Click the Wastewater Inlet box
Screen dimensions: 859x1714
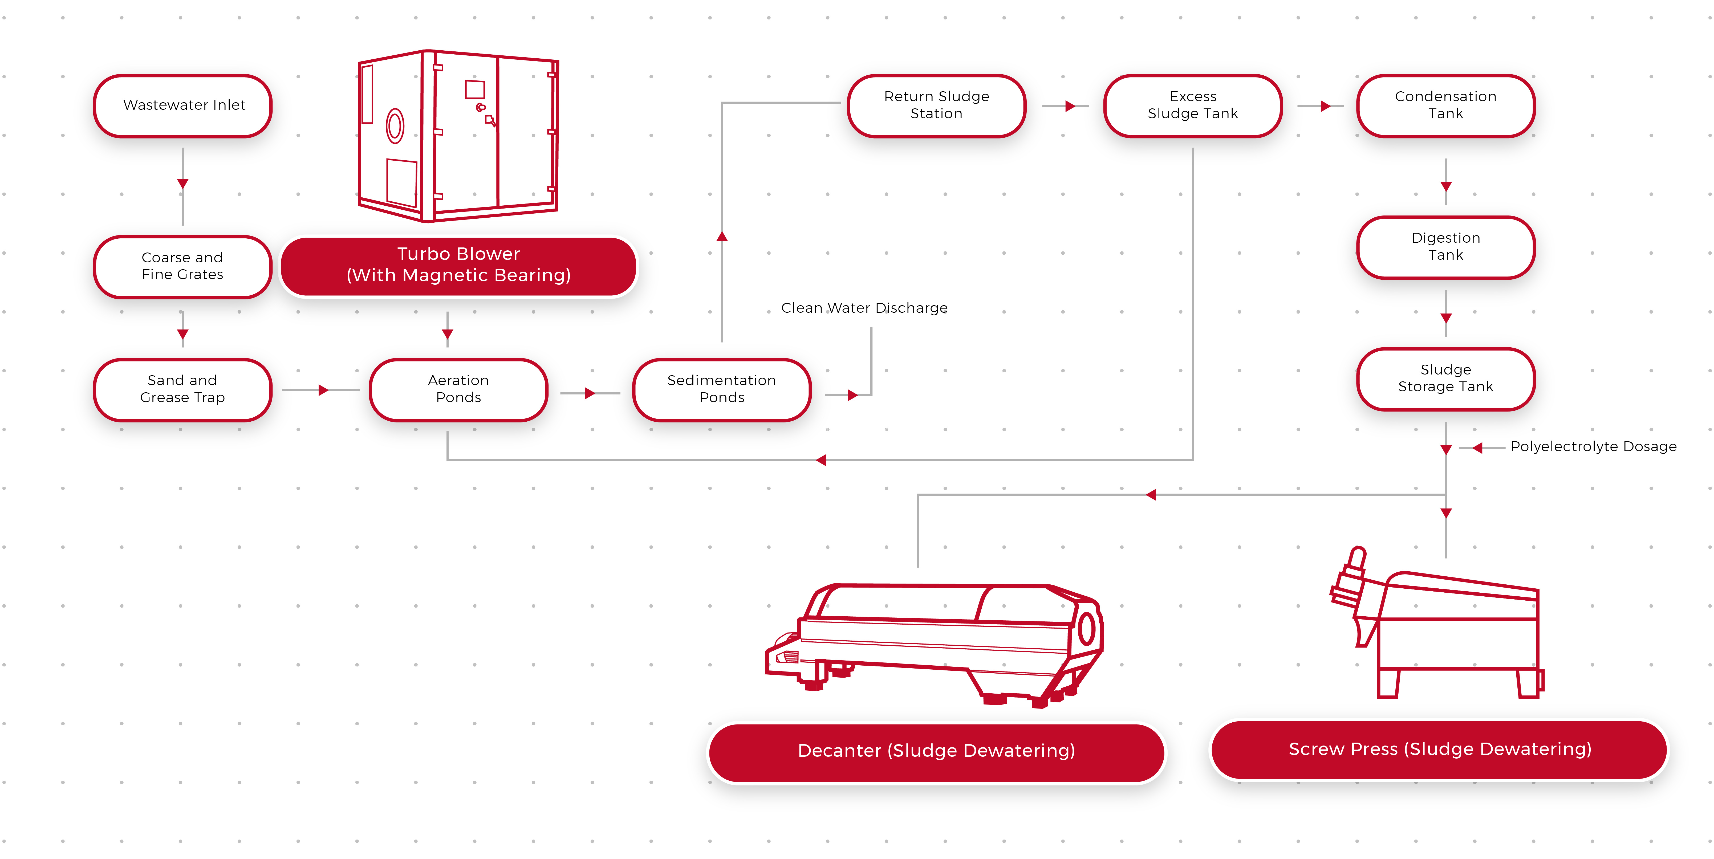tap(184, 105)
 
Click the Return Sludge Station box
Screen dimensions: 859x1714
tap(936, 105)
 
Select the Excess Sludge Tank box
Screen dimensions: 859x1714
tap(1193, 105)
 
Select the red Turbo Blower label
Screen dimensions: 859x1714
tap(458, 265)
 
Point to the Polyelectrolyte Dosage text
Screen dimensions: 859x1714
tap(1593, 446)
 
